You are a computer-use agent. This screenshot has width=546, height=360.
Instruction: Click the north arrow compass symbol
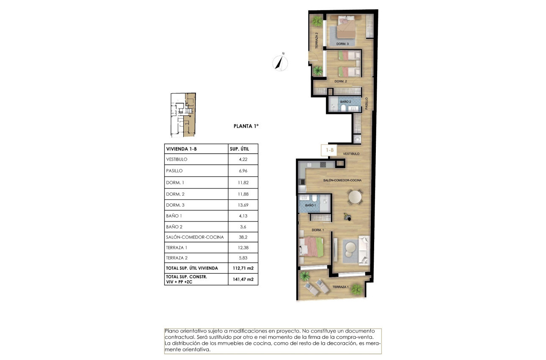click(280, 62)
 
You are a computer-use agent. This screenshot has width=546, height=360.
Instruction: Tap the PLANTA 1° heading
click(246, 126)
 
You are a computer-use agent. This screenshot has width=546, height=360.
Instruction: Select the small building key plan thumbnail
click(183, 115)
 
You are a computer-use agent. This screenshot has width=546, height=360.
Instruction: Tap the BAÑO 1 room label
click(310, 205)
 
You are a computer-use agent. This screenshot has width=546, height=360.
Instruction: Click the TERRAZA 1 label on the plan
click(340, 287)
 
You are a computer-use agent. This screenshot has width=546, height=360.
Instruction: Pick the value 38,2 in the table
click(243, 237)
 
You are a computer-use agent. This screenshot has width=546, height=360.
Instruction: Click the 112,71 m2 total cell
click(243, 268)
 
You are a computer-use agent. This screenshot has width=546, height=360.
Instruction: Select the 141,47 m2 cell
click(243, 279)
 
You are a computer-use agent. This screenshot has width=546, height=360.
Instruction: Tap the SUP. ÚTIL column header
click(243, 149)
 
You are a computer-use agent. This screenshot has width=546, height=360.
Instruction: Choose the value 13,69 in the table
click(243, 205)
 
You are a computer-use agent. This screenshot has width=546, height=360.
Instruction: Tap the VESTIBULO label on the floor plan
click(351, 154)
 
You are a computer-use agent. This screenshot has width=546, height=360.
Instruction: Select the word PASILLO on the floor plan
click(367, 104)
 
